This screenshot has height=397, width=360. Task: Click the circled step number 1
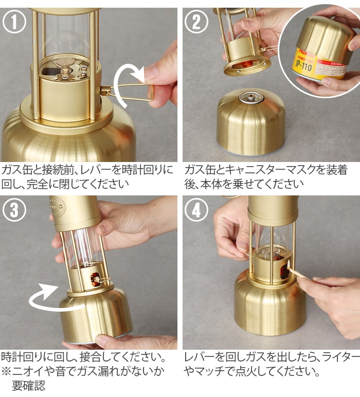click(x=14, y=22)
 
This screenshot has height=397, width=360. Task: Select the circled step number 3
click(x=14, y=209)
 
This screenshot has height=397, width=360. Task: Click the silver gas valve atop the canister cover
click(x=252, y=98)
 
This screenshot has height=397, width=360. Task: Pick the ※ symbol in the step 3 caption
click(x=7, y=371)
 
